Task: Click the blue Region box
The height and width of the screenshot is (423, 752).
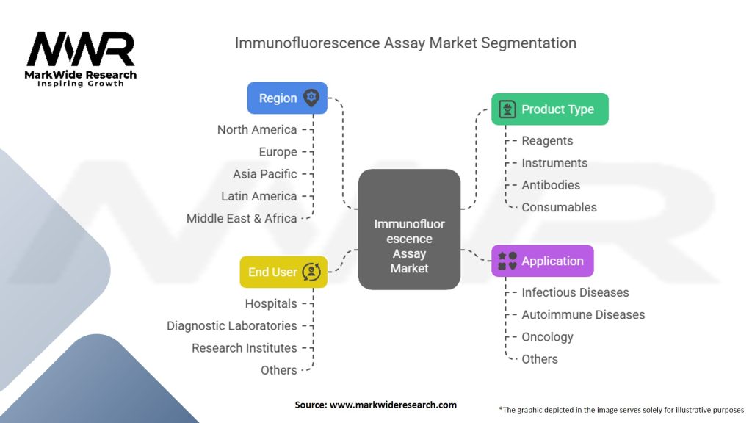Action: coord(287,98)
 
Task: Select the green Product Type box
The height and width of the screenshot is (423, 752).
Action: coord(549,109)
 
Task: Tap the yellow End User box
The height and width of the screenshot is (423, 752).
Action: coord(283,272)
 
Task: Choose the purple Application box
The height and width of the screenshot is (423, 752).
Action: coord(542,261)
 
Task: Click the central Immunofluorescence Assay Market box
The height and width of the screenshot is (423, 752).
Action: coord(409,229)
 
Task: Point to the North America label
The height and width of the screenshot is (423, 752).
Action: coord(257,130)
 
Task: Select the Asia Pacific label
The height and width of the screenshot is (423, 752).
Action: coord(265,174)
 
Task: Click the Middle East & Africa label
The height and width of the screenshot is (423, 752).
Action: coord(242,218)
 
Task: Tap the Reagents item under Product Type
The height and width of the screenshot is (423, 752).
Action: coord(547,141)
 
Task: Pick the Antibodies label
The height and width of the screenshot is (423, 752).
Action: coord(551,185)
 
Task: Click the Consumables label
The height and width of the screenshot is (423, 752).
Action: coord(559,207)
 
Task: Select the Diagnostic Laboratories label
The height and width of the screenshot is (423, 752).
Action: coord(232,326)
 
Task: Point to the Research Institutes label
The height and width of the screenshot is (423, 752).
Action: coord(245,348)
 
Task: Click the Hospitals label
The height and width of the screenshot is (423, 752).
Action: coord(271,304)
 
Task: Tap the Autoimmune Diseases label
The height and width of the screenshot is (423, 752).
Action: coord(583,315)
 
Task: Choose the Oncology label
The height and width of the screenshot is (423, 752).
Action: coord(547,337)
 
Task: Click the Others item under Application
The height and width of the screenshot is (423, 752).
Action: coord(540,359)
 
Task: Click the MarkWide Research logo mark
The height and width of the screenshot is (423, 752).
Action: coord(81,50)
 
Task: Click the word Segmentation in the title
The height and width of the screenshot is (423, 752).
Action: coord(528,43)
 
